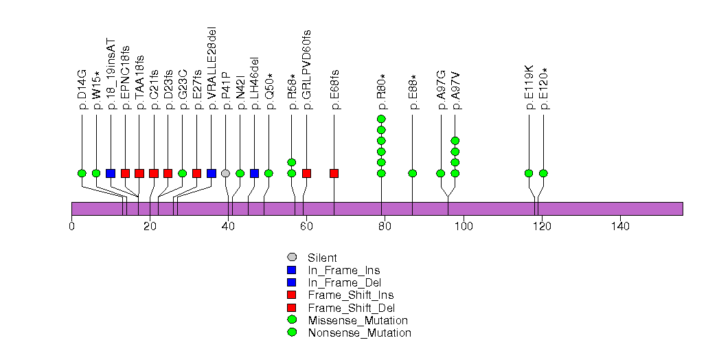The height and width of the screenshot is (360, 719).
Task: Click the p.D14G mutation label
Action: coord(82,89)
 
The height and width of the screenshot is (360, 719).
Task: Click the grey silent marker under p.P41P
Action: coord(226,173)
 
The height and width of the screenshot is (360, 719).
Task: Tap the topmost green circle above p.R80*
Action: coord(381,120)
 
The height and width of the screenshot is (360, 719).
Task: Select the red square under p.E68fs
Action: coord(334,173)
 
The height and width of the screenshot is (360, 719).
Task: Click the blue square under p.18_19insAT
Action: coord(111,173)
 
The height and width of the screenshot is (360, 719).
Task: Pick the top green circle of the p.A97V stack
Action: coord(455,141)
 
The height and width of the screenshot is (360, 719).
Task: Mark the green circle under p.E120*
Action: coord(543,173)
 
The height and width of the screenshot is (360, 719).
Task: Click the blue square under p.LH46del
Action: coord(254,173)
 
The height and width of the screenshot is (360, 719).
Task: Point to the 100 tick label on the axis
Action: coord(464,226)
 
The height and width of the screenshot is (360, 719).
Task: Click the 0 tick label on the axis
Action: coord(72,226)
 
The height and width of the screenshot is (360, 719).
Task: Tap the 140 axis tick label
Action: coord(620,226)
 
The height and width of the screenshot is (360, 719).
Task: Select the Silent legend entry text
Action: coord(322,258)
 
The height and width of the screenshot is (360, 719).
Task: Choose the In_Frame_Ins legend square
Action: coord(291,271)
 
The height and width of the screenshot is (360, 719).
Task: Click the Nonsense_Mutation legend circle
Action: coord(291,333)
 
